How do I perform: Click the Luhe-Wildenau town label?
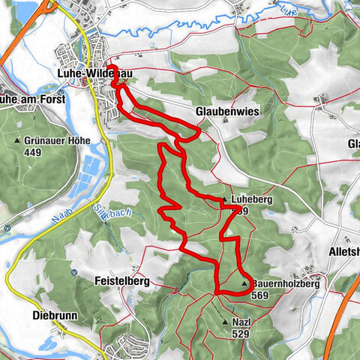tap(90, 73)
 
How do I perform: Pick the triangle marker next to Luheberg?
tap(224, 200)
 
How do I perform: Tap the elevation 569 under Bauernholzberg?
tap(261, 295)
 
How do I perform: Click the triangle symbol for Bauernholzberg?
tap(244, 284)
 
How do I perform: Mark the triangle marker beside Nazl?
tap(225, 322)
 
